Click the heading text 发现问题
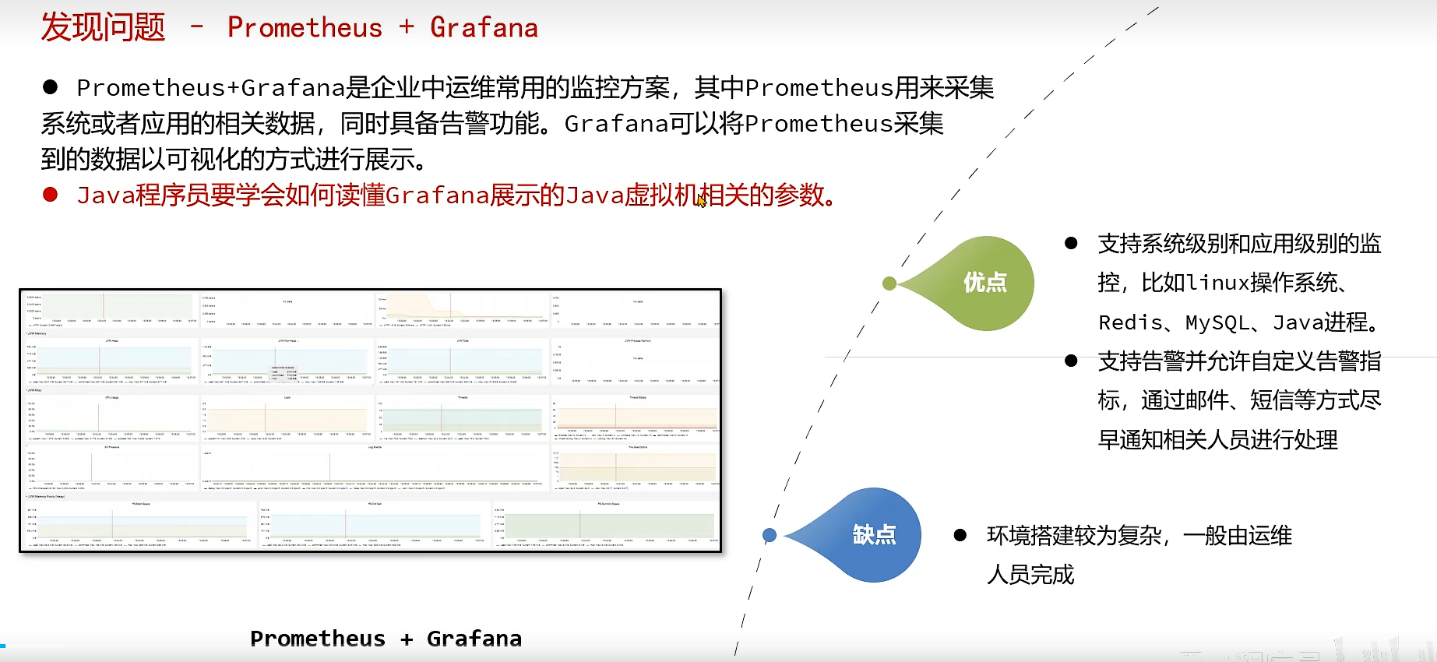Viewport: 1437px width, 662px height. [x=103, y=27]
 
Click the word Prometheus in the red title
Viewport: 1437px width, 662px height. [x=305, y=28]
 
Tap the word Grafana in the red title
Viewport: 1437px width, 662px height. [x=484, y=28]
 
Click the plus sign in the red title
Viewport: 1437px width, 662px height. [x=407, y=27]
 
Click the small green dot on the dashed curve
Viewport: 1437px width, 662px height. [x=889, y=283]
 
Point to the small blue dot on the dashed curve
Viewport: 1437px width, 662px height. [x=770, y=535]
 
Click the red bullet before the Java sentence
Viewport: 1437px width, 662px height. [x=51, y=195]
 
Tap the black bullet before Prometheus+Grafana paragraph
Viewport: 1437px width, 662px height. [x=51, y=87]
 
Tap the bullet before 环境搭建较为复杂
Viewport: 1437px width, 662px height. [x=960, y=535]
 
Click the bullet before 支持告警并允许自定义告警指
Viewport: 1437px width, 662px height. [x=1071, y=361]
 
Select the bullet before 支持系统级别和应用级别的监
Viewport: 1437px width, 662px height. [x=1071, y=243]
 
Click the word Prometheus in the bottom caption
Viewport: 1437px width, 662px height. [x=318, y=639]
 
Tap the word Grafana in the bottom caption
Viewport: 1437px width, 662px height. [x=474, y=639]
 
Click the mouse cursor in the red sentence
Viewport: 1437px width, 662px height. [x=701, y=200]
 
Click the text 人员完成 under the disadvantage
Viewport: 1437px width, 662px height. [x=1030, y=575]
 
